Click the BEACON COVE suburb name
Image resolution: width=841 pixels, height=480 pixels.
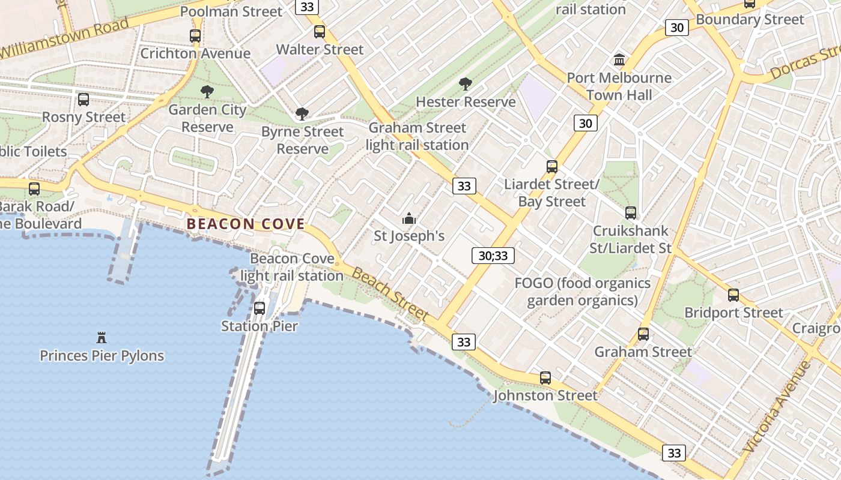tap(246, 224)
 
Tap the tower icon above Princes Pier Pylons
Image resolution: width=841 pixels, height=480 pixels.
tap(102, 338)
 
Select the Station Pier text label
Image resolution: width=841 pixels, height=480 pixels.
tap(260, 326)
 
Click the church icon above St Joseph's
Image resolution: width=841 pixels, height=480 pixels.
tap(409, 218)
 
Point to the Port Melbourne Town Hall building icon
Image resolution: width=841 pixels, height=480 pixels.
tap(619, 60)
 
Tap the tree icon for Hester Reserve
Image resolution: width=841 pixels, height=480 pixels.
tap(465, 84)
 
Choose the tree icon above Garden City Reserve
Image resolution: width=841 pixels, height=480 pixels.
tap(207, 92)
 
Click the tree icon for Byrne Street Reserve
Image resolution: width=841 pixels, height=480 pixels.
tap(302, 114)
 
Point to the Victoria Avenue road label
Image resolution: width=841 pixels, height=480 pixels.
tap(777, 407)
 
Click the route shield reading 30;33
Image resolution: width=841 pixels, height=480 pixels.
tap(493, 256)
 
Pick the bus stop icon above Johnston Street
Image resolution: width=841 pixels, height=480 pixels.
tap(545, 378)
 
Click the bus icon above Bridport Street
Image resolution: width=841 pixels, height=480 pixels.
tap(733, 295)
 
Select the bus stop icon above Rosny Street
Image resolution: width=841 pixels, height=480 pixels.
tap(83, 100)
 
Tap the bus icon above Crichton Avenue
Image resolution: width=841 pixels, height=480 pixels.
tap(195, 36)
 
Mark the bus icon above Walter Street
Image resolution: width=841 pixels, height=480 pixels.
tap(320, 32)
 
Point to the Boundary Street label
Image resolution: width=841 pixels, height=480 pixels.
tap(750, 20)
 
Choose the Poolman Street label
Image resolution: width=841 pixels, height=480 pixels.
tap(231, 11)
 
